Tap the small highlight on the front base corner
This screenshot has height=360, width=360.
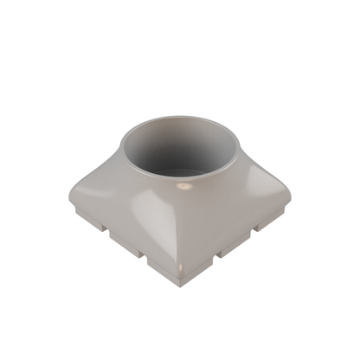180,273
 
